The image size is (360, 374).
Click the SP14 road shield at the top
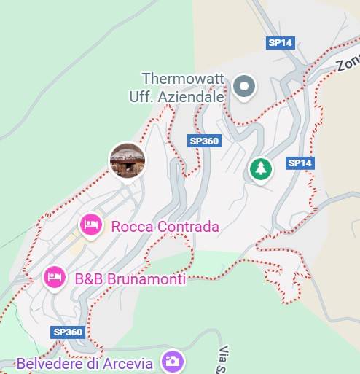pos(280,43)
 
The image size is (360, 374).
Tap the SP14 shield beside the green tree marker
pos(300,163)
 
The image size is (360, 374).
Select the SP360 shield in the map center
pos(203,141)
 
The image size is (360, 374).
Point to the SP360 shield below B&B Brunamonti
pos(69,332)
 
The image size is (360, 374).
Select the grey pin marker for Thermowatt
pos(244,87)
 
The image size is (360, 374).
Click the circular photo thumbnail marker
pos(127,160)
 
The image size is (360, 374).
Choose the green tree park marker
pos(260,169)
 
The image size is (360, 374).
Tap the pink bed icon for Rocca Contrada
pos(90,225)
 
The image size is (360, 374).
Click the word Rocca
pos(131,227)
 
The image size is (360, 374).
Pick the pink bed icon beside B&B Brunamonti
pos(53,276)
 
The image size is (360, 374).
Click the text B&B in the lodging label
pos(88,278)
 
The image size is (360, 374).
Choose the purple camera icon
pos(173,361)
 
